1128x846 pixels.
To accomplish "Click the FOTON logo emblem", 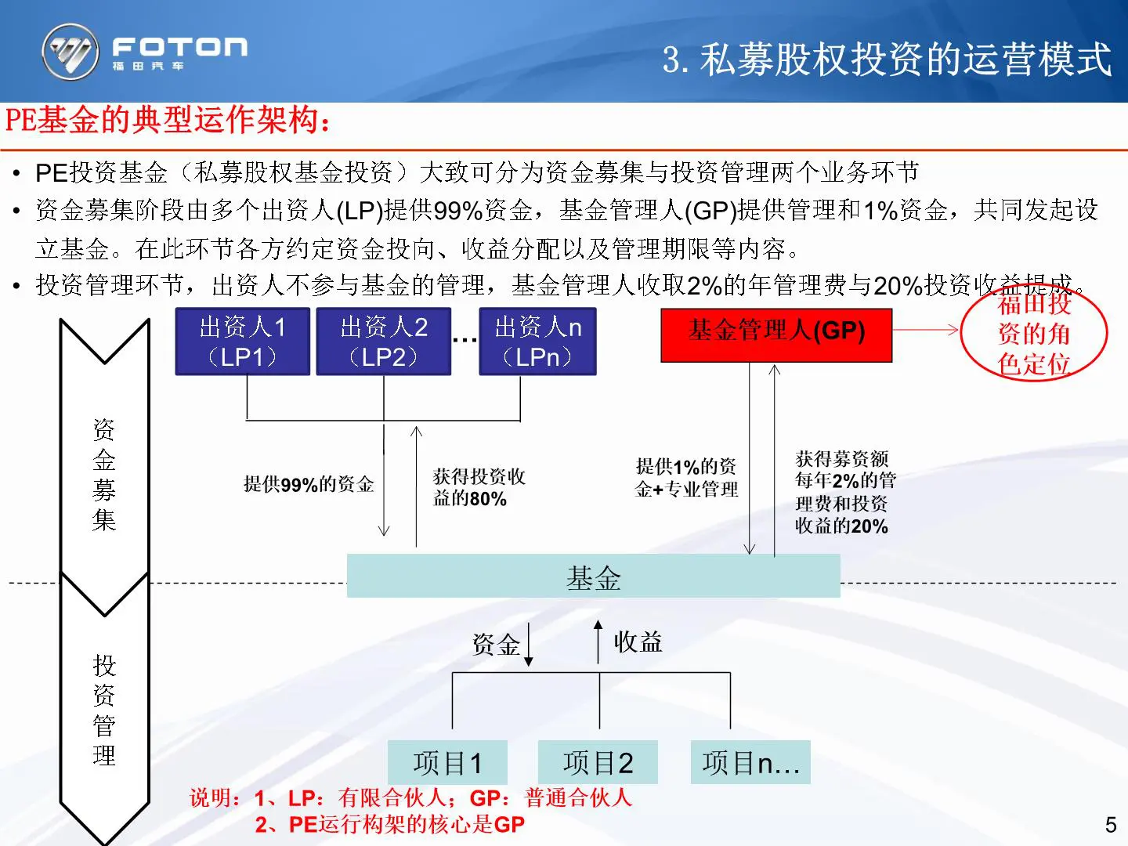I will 70,52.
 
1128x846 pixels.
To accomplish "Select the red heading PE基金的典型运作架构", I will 168,120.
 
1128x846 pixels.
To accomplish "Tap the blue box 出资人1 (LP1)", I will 243,342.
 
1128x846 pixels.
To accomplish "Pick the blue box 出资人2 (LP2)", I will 384,342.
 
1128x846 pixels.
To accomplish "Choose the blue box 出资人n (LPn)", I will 538,342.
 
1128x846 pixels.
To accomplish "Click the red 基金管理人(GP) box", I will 776,331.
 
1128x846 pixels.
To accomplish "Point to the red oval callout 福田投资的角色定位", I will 1034,333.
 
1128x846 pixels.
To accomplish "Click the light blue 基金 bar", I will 593,577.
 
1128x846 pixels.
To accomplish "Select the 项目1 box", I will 448,762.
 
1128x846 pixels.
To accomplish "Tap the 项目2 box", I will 598,762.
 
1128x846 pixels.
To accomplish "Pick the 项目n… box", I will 750,762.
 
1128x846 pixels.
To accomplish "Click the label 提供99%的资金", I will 309,484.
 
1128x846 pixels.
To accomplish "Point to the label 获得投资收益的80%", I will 479,487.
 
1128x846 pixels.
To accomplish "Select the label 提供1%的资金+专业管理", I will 686,478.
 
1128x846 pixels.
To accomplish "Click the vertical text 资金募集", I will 104,475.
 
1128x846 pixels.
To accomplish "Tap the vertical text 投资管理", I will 104,710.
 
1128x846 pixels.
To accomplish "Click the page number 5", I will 1110,824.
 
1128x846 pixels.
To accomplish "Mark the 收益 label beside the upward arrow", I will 638,642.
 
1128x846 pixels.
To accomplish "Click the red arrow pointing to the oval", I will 927,330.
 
